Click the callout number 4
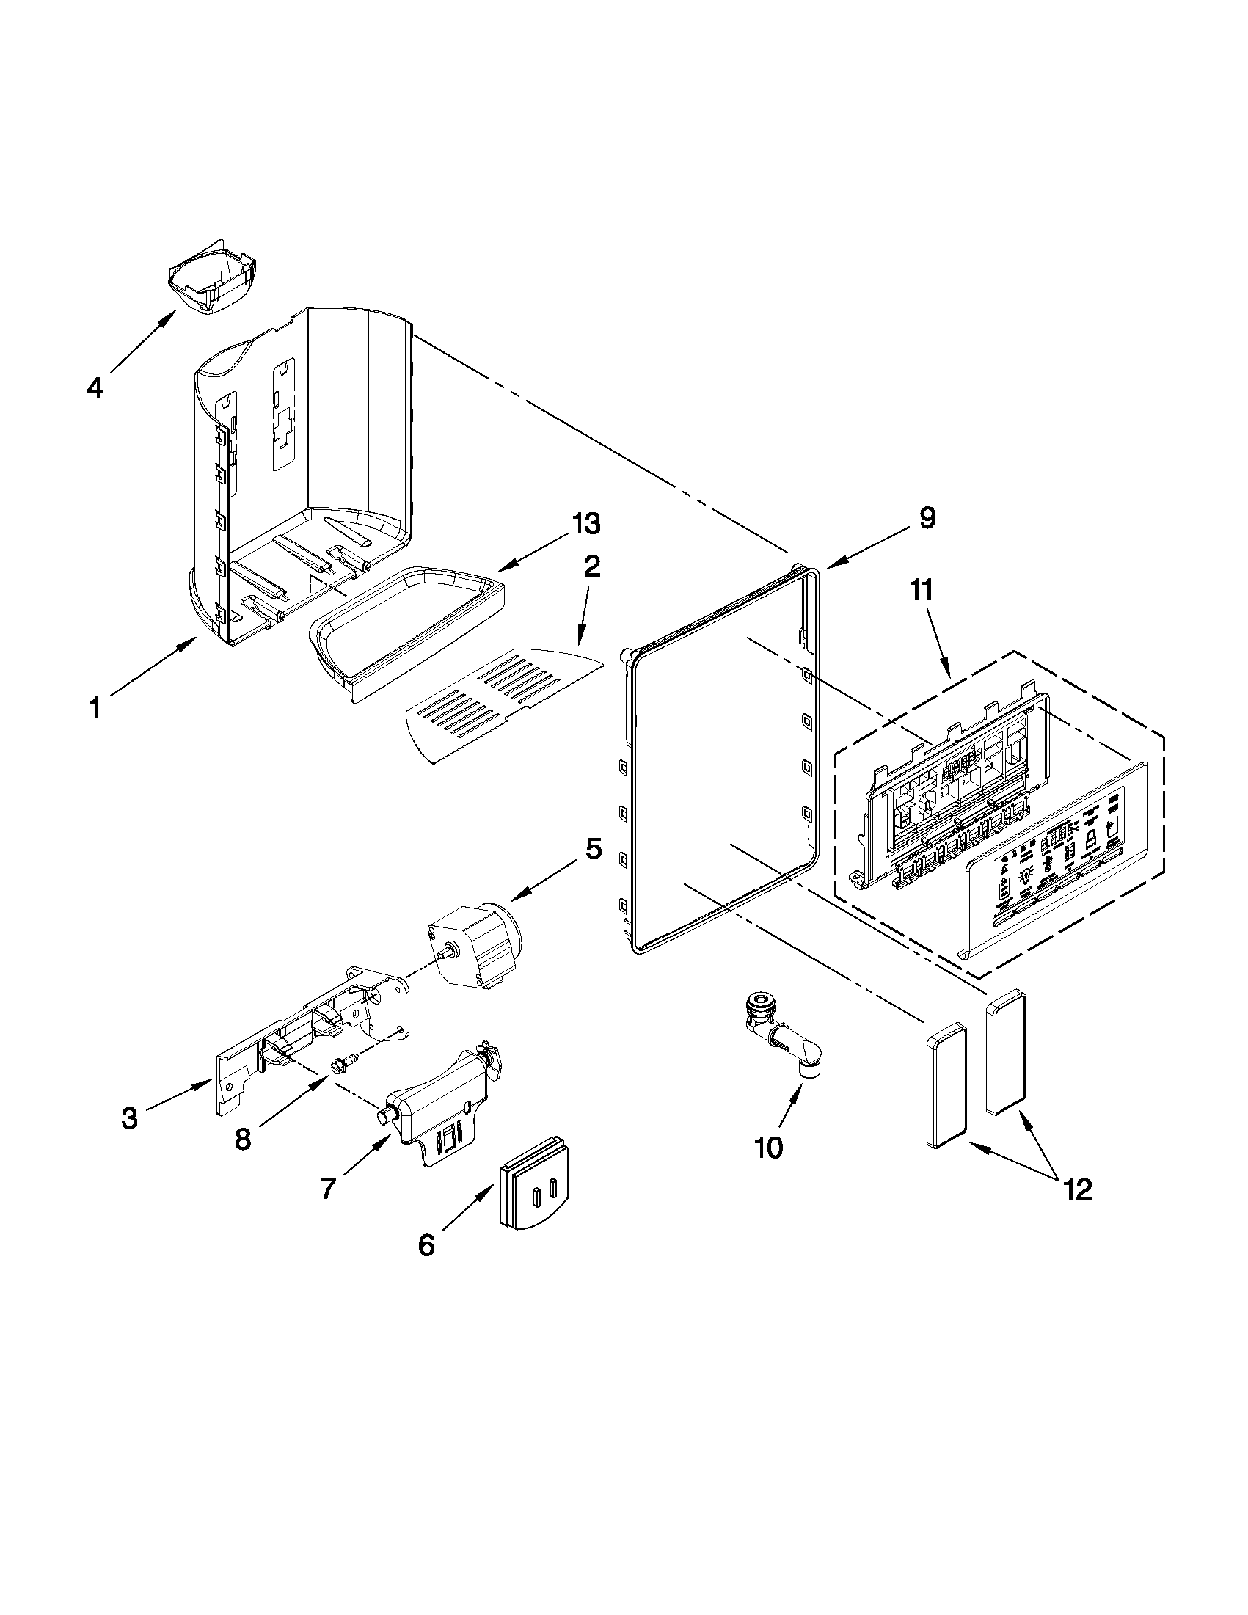(94, 388)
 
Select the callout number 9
(927, 517)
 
